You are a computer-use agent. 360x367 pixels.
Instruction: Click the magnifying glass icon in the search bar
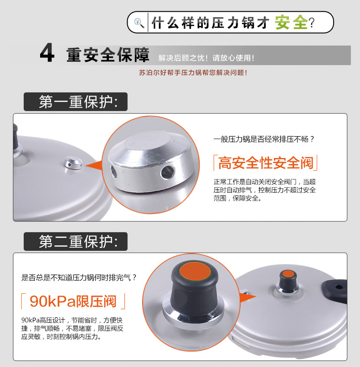pyautogui.click(x=139, y=23)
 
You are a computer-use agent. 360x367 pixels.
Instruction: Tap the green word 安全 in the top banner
pyautogui.click(x=291, y=22)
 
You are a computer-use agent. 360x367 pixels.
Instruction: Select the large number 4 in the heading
pyautogui.click(x=47, y=53)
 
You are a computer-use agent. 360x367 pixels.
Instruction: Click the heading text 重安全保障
pyautogui.click(x=108, y=55)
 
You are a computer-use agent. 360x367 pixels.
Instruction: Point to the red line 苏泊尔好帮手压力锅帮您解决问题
pyautogui.click(x=193, y=72)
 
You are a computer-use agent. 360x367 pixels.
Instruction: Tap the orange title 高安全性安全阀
pyautogui.click(x=266, y=163)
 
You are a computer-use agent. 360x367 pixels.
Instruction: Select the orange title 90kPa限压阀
pyautogui.click(x=73, y=301)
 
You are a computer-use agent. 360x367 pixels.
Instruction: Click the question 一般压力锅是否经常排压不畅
pyautogui.click(x=264, y=139)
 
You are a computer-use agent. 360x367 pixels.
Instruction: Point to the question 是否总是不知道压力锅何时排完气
pyautogui.click(x=79, y=278)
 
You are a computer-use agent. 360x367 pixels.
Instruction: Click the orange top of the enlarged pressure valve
pyautogui.click(x=195, y=272)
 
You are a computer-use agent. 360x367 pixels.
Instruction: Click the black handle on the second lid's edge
pyautogui.click(x=334, y=288)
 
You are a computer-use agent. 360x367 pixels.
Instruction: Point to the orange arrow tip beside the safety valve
pyautogui.click(x=86, y=166)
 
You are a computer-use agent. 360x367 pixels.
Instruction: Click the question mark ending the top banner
pyautogui.click(x=312, y=23)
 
